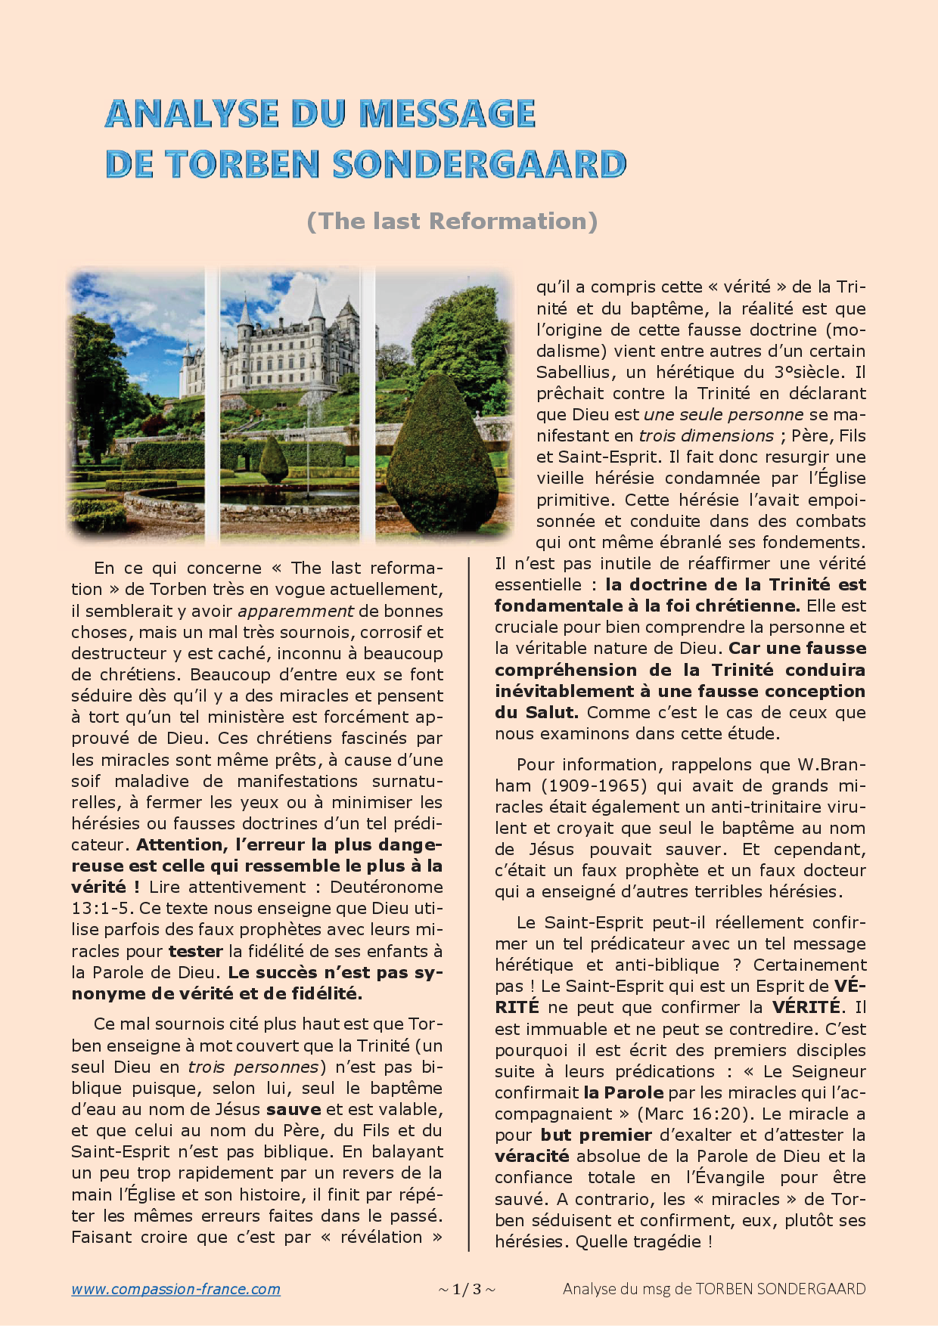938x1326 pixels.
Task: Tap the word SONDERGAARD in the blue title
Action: (x=480, y=165)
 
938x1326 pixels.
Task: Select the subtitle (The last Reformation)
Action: (x=452, y=221)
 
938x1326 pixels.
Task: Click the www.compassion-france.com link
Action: (x=175, y=1289)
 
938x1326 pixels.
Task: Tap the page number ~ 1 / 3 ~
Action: (x=467, y=1289)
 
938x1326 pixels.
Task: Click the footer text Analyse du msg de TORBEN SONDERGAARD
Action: (x=714, y=1289)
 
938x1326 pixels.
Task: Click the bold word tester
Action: (x=195, y=951)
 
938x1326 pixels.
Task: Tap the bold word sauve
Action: (x=294, y=1109)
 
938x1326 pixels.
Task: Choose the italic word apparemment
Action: (x=296, y=611)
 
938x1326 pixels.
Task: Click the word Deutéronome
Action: (x=386, y=887)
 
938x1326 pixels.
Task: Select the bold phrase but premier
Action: (x=596, y=1135)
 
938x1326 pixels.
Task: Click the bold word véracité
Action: (x=532, y=1156)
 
